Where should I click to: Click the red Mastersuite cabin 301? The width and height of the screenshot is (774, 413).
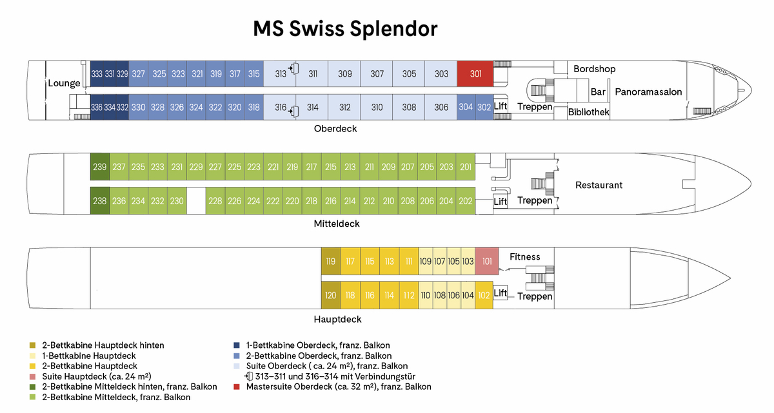[475, 74]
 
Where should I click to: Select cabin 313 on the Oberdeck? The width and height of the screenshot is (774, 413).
[280, 74]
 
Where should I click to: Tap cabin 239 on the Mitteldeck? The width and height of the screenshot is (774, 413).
[99, 167]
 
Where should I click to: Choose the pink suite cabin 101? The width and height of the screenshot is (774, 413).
[487, 262]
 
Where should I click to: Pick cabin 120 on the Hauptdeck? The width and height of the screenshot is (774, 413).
[330, 295]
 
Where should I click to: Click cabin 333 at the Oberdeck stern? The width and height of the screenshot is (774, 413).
[97, 74]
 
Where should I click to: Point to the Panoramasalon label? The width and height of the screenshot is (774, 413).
[648, 92]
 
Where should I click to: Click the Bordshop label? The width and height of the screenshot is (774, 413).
[594, 69]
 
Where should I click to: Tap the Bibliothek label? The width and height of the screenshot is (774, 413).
[589, 112]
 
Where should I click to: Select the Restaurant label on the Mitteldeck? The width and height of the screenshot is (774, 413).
[599, 186]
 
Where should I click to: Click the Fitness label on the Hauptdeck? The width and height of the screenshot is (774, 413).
[524, 257]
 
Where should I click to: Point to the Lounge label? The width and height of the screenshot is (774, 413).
[64, 83]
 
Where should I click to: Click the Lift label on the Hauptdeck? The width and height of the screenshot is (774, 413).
[501, 293]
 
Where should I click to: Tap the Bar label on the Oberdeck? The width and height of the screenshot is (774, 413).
[598, 92]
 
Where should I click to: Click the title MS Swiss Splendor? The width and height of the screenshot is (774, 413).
[345, 29]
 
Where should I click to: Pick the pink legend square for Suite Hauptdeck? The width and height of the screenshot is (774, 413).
[33, 376]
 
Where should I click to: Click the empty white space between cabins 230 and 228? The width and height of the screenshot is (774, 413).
[196, 200]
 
